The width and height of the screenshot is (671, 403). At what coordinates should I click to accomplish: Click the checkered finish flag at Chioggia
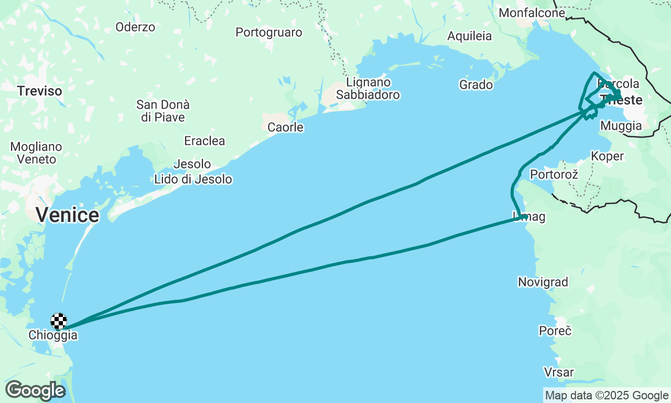point(59,321)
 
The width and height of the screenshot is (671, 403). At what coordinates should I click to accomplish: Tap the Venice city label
point(67,215)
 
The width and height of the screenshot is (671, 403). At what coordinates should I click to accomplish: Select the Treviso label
point(39,91)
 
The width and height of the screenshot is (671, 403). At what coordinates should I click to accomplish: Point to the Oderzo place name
point(135,27)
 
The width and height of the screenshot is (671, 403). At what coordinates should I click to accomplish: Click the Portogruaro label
point(268,33)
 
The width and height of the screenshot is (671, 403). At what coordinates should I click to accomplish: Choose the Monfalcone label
point(532,13)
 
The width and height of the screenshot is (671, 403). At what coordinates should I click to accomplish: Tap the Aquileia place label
point(469,36)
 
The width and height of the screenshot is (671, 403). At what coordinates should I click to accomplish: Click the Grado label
point(475,84)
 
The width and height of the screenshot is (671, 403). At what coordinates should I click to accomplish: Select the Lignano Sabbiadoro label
point(368,89)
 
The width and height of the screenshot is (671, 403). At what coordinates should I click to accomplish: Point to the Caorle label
point(285,127)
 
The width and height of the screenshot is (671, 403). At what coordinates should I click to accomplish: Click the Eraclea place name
point(204,141)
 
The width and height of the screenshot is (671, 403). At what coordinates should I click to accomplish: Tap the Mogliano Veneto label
point(36,153)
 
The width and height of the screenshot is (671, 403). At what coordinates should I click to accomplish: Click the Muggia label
point(621,126)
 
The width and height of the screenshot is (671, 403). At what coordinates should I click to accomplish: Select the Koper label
point(607,156)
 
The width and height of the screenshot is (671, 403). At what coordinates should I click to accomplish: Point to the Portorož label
point(554,174)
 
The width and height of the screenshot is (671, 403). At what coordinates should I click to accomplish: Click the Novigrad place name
point(543,282)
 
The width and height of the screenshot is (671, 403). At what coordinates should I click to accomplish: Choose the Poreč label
point(555,331)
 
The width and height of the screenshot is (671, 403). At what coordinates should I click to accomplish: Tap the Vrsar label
point(558,373)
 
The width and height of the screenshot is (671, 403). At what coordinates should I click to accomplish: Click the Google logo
point(35,390)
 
